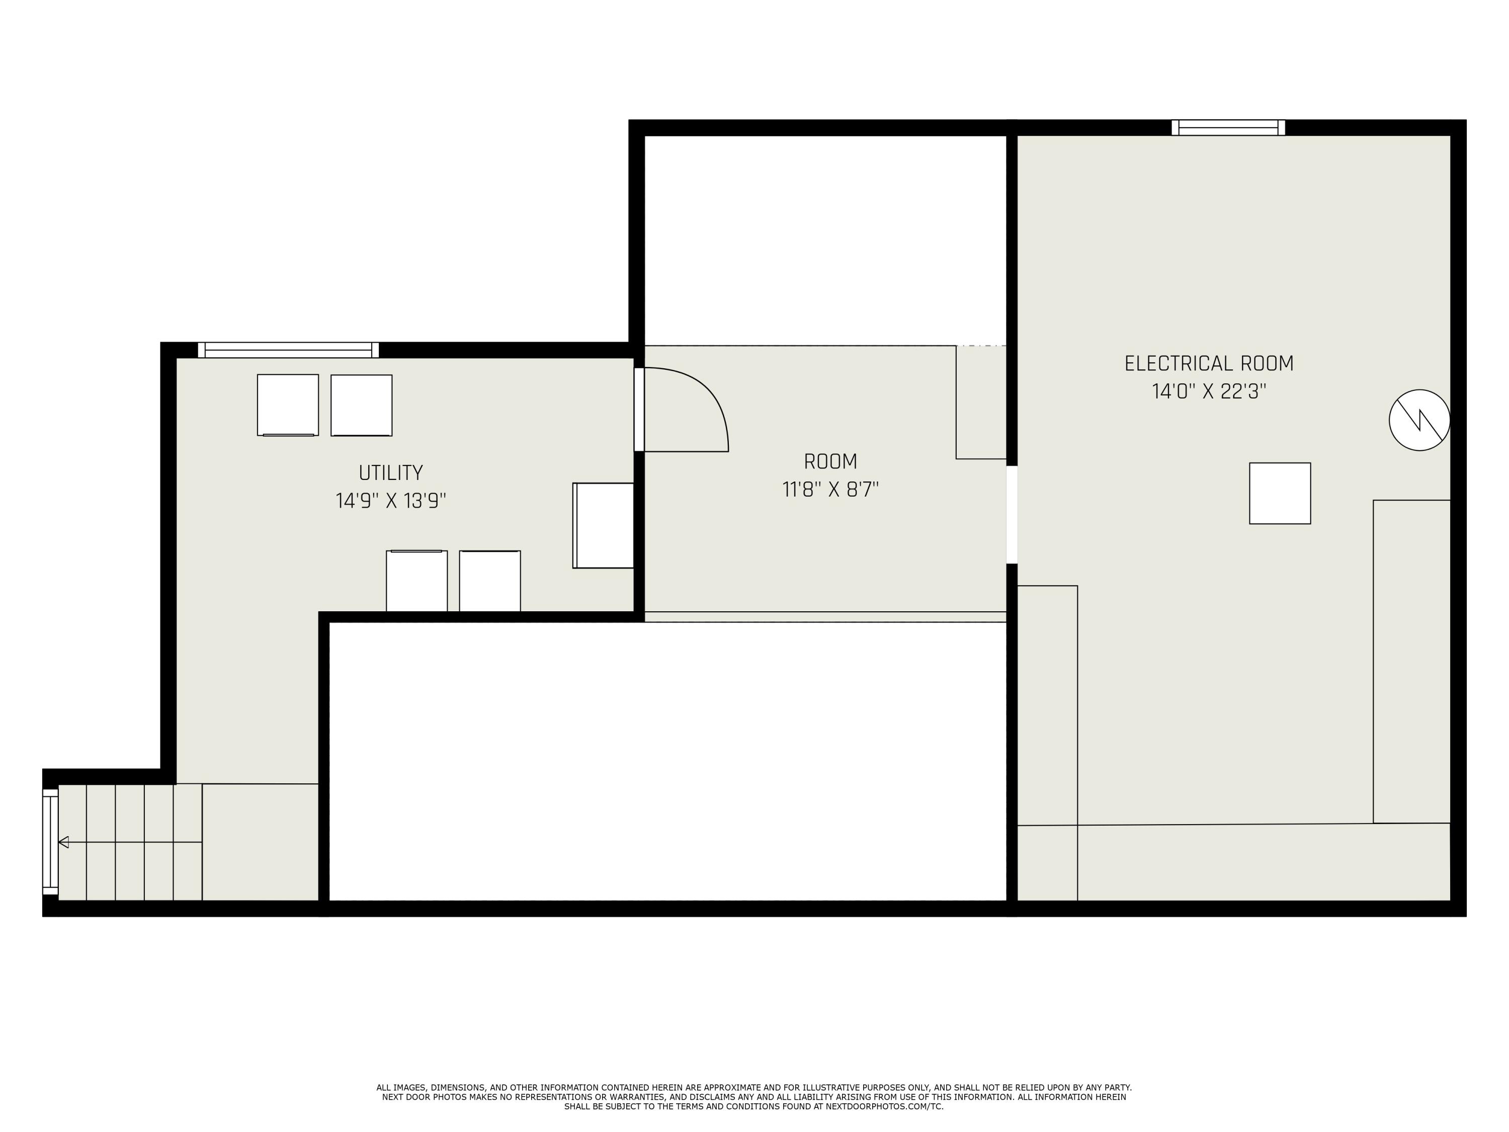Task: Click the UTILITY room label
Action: tap(391, 472)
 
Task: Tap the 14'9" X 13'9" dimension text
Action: tap(391, 501)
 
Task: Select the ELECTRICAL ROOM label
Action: tap(1209, 363)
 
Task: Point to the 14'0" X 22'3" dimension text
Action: tap(1209, 391)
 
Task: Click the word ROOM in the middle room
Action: tap(830, 462)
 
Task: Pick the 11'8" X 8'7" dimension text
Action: tap(830, 490)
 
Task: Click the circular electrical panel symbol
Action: tap(1419, 420)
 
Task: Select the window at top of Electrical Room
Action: tap(1228, 128)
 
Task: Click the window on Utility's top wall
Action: tap(288, 350)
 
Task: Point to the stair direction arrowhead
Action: tap(63, 842)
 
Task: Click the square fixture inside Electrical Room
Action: tap(1280, 494)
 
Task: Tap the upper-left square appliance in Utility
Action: tap(288, 405)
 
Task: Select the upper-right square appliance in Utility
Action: tap(362, 406)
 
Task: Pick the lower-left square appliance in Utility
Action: tap(417, 581)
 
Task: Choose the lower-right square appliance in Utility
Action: tap(490, 581)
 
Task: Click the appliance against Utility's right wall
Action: tap(603, 525)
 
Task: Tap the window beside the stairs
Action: tap(50, 842)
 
